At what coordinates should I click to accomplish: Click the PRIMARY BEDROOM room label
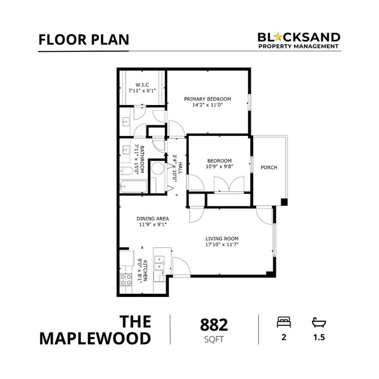pyautogui.click(x=208, y=99)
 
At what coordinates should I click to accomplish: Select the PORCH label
pyautogui.click(x=269, y=168)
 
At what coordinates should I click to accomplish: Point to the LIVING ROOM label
pyautogui.click(x=222, y=238)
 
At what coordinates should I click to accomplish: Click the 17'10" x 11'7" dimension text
pyautogui.click(x=222, y=245)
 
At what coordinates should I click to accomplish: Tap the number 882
pyautogui.click(x=213, y=324)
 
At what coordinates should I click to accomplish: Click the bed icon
pyautogui.click(x=283, y=322)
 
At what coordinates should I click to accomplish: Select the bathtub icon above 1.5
pyautogui.click(x=318, y=322)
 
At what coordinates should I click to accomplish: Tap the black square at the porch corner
pyautogui.click(x=283, y=202)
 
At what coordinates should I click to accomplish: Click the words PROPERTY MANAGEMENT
pyautogui.click(x=299, y=47)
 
